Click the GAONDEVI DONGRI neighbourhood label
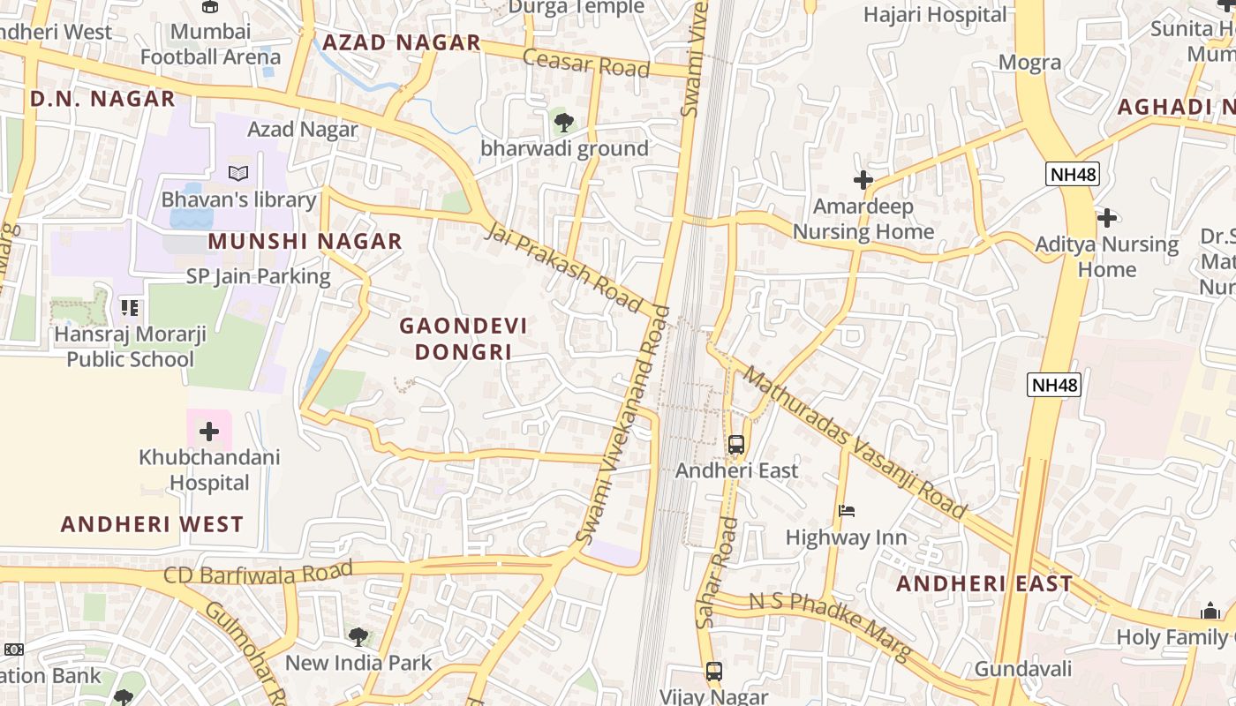click(463, 339)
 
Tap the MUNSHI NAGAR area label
click(305, 241)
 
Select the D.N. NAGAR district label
click(102, 99)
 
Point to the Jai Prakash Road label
click(563, 267)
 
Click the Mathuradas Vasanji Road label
click(854, 443)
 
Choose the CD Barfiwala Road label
click(258, 573)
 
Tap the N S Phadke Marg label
click(830, 626)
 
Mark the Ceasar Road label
click(586, 64)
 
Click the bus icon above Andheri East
click(736, 445)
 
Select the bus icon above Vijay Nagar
click(714, 672)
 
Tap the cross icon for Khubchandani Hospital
click(209, 432)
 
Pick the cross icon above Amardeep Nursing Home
click(863, 181)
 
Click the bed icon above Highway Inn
click(846, 511)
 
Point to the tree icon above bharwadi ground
click(563, 122)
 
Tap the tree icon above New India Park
click(358, 636)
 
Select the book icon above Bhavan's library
click(238, 173)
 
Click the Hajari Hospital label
click(934, 15)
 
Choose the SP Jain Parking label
click(258, 276)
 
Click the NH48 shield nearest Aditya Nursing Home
click(1074, 174)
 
